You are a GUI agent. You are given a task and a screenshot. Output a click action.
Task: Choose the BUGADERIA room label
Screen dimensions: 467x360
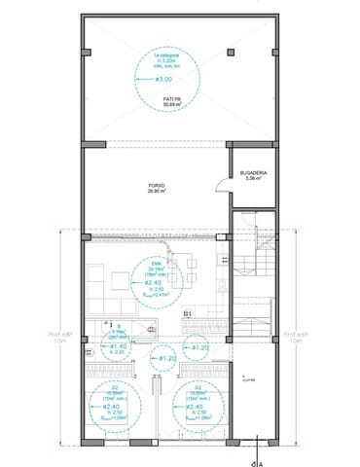point(255,173)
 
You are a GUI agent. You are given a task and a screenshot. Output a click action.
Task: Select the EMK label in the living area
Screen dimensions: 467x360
point(155,262)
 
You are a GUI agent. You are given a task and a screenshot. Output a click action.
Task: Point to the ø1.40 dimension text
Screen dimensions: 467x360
point(118,346)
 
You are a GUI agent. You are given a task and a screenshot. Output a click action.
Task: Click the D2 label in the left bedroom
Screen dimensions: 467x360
point(115,387)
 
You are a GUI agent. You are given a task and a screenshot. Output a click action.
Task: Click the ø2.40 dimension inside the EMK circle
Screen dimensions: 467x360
point(155,282)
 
